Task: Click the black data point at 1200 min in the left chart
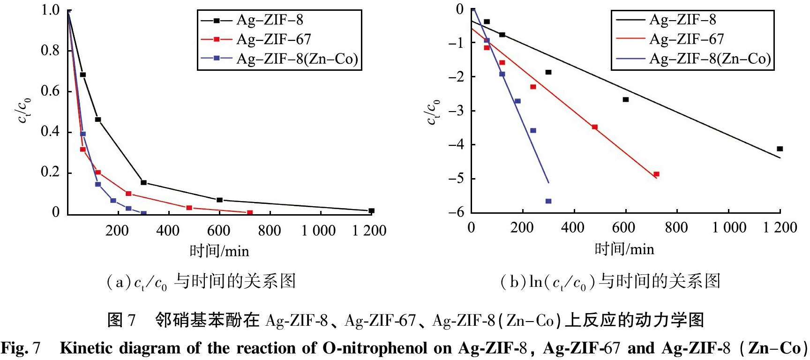(371, 211)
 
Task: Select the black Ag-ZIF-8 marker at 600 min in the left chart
(219, 200)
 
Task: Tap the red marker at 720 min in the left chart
(250, 213)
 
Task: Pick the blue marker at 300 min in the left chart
(143, 213)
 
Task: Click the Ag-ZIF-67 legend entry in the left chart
(273, 39)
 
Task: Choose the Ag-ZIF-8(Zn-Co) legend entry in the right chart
(710, 59)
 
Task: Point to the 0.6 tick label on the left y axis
(50, 91)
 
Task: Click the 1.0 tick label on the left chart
(50, 10)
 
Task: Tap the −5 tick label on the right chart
(456, 179)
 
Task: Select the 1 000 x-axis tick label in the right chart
(729, 228)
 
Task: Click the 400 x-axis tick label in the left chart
(168, 231)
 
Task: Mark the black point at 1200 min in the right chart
(780, 149)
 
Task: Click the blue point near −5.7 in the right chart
(548, 201)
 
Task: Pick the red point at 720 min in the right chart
(656, 174)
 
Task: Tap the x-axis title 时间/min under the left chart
(219, 251)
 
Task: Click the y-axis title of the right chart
(432, 112)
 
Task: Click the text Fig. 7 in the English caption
(21, 348)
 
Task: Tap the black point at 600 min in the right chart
(625, 99)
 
